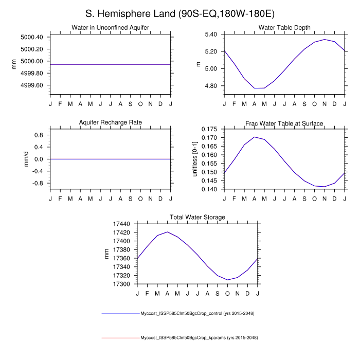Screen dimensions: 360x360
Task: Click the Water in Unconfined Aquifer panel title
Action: tap(111, 28)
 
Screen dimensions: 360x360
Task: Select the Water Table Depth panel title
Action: tap(284, 28)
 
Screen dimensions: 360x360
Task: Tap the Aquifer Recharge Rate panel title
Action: tap(111, 122)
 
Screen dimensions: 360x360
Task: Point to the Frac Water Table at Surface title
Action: tap(284, 123)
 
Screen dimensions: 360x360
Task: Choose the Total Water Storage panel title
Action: tap(197, 218)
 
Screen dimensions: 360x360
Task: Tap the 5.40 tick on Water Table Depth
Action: tap(210, 34)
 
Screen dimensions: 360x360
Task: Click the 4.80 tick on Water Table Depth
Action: tap(210, 86)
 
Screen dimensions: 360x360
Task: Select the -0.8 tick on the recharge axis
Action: tap(38, 183)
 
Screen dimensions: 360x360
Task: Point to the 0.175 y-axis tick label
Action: tap(208, 129)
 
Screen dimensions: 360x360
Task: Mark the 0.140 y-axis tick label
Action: tap(208, 189)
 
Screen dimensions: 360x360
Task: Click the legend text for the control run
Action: tap(198, 313)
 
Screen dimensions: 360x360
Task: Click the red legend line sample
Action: tap(120, 338)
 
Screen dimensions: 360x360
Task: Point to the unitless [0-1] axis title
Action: tap(195, 159)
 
